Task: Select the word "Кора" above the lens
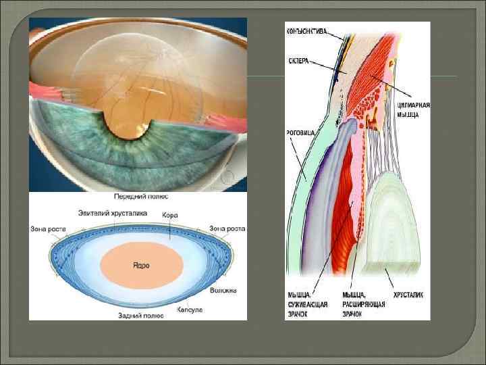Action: pyautogui.click(x=170, y=214)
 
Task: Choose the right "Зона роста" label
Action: pyautogui.click(x=227, y=228)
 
